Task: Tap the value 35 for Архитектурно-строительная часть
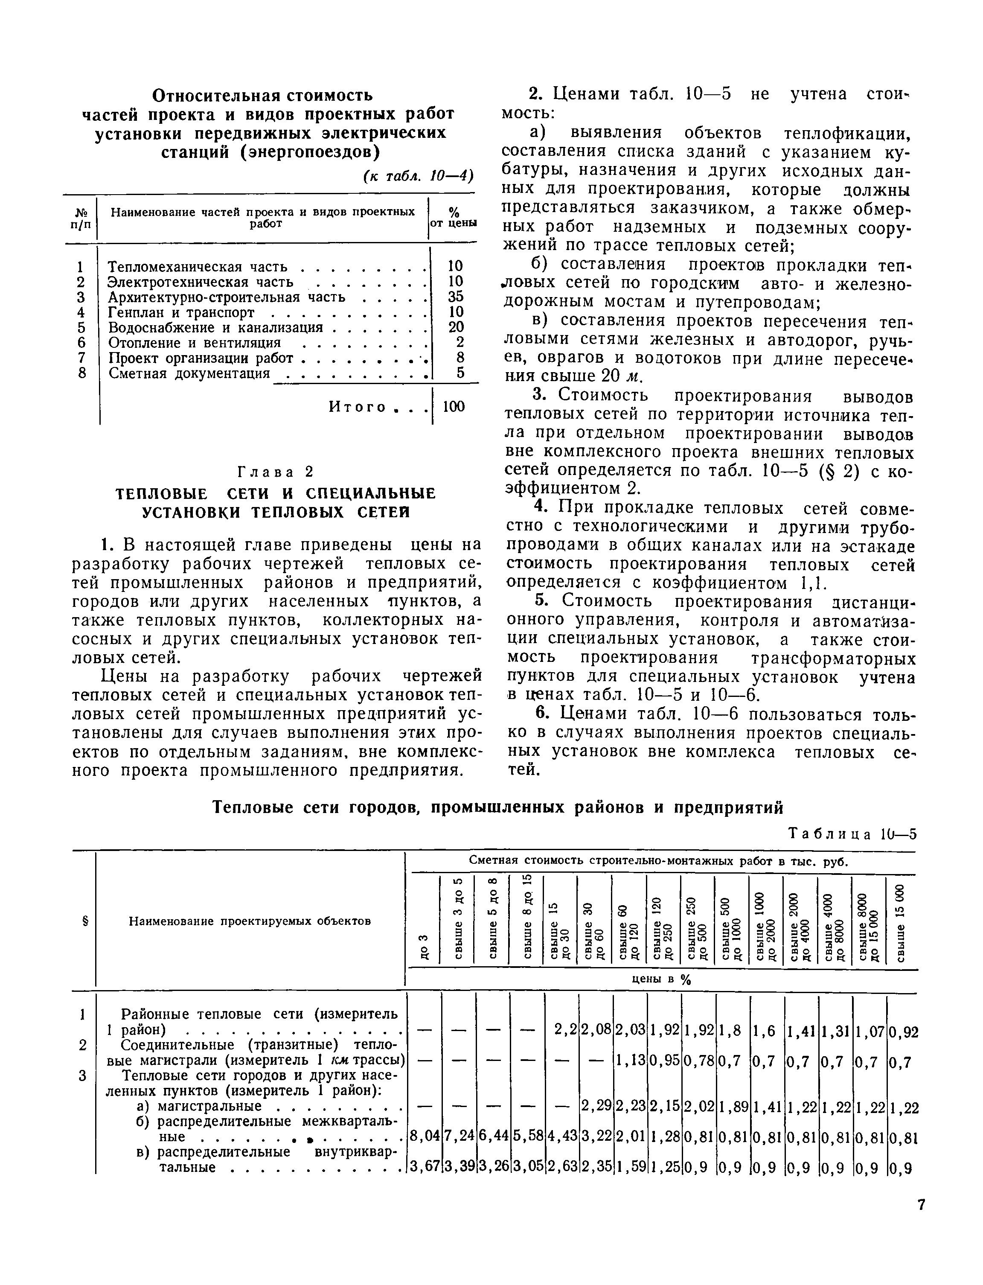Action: point(455,297)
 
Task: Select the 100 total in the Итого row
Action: point(454,406)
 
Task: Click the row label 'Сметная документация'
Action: point(189,373)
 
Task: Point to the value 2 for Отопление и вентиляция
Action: point(460,342)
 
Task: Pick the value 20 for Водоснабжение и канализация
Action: point(455,327)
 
